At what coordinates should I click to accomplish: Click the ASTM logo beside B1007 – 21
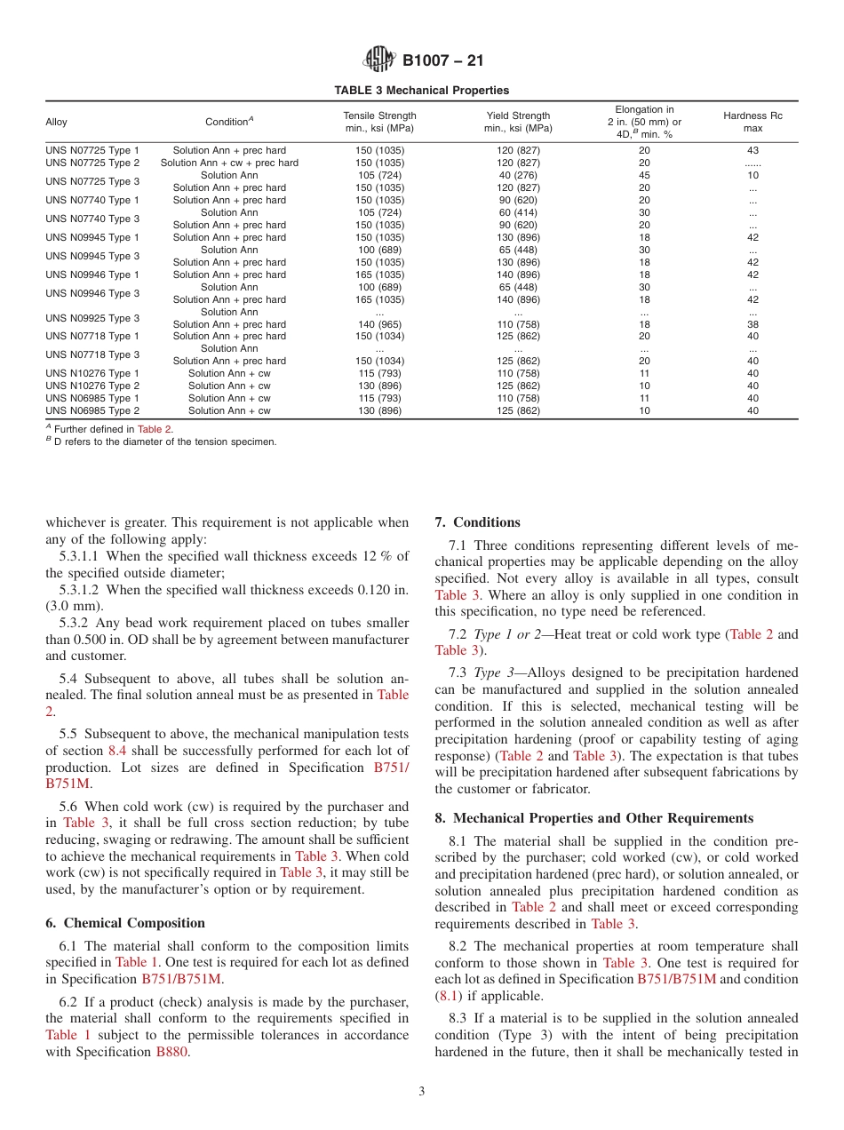pos(379,60)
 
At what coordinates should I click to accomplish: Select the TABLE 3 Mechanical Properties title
pos(421,91)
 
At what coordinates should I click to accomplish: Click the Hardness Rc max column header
pos(752,122)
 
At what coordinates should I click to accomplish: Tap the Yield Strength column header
pos(518,122)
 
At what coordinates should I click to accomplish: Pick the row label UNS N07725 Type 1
pos(92,151)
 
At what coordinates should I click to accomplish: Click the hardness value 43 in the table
pos(752,151)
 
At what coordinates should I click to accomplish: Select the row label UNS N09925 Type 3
pos(92,318)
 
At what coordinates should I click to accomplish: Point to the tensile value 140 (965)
pos(379,324)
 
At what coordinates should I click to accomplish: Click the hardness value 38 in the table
pos(752,324)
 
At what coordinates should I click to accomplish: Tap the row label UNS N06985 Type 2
pos(92,410)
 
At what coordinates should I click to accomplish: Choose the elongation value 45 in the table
pos(644,175)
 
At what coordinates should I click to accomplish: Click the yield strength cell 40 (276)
pos(518,175)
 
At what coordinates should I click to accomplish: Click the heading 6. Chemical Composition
pos(125,923)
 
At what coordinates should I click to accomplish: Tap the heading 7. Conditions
pos(477,522)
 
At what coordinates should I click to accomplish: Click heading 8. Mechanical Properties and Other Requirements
pos(593,818)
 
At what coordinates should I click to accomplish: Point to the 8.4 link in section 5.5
pos(117,751)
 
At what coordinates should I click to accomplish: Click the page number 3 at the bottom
pos(422,1092)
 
